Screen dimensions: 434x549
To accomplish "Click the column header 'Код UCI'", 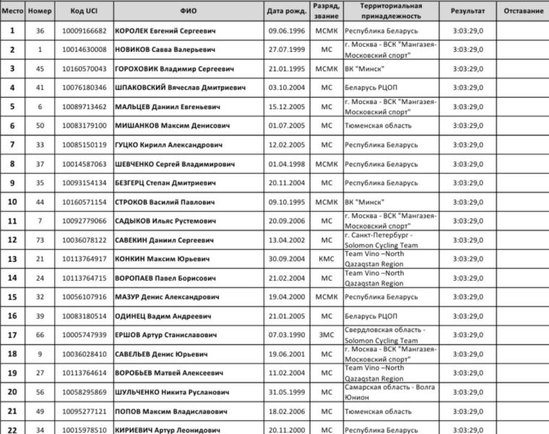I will point(82,12).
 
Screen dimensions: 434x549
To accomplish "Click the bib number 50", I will point(40,126).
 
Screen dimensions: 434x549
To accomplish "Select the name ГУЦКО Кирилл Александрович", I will point(170,145).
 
